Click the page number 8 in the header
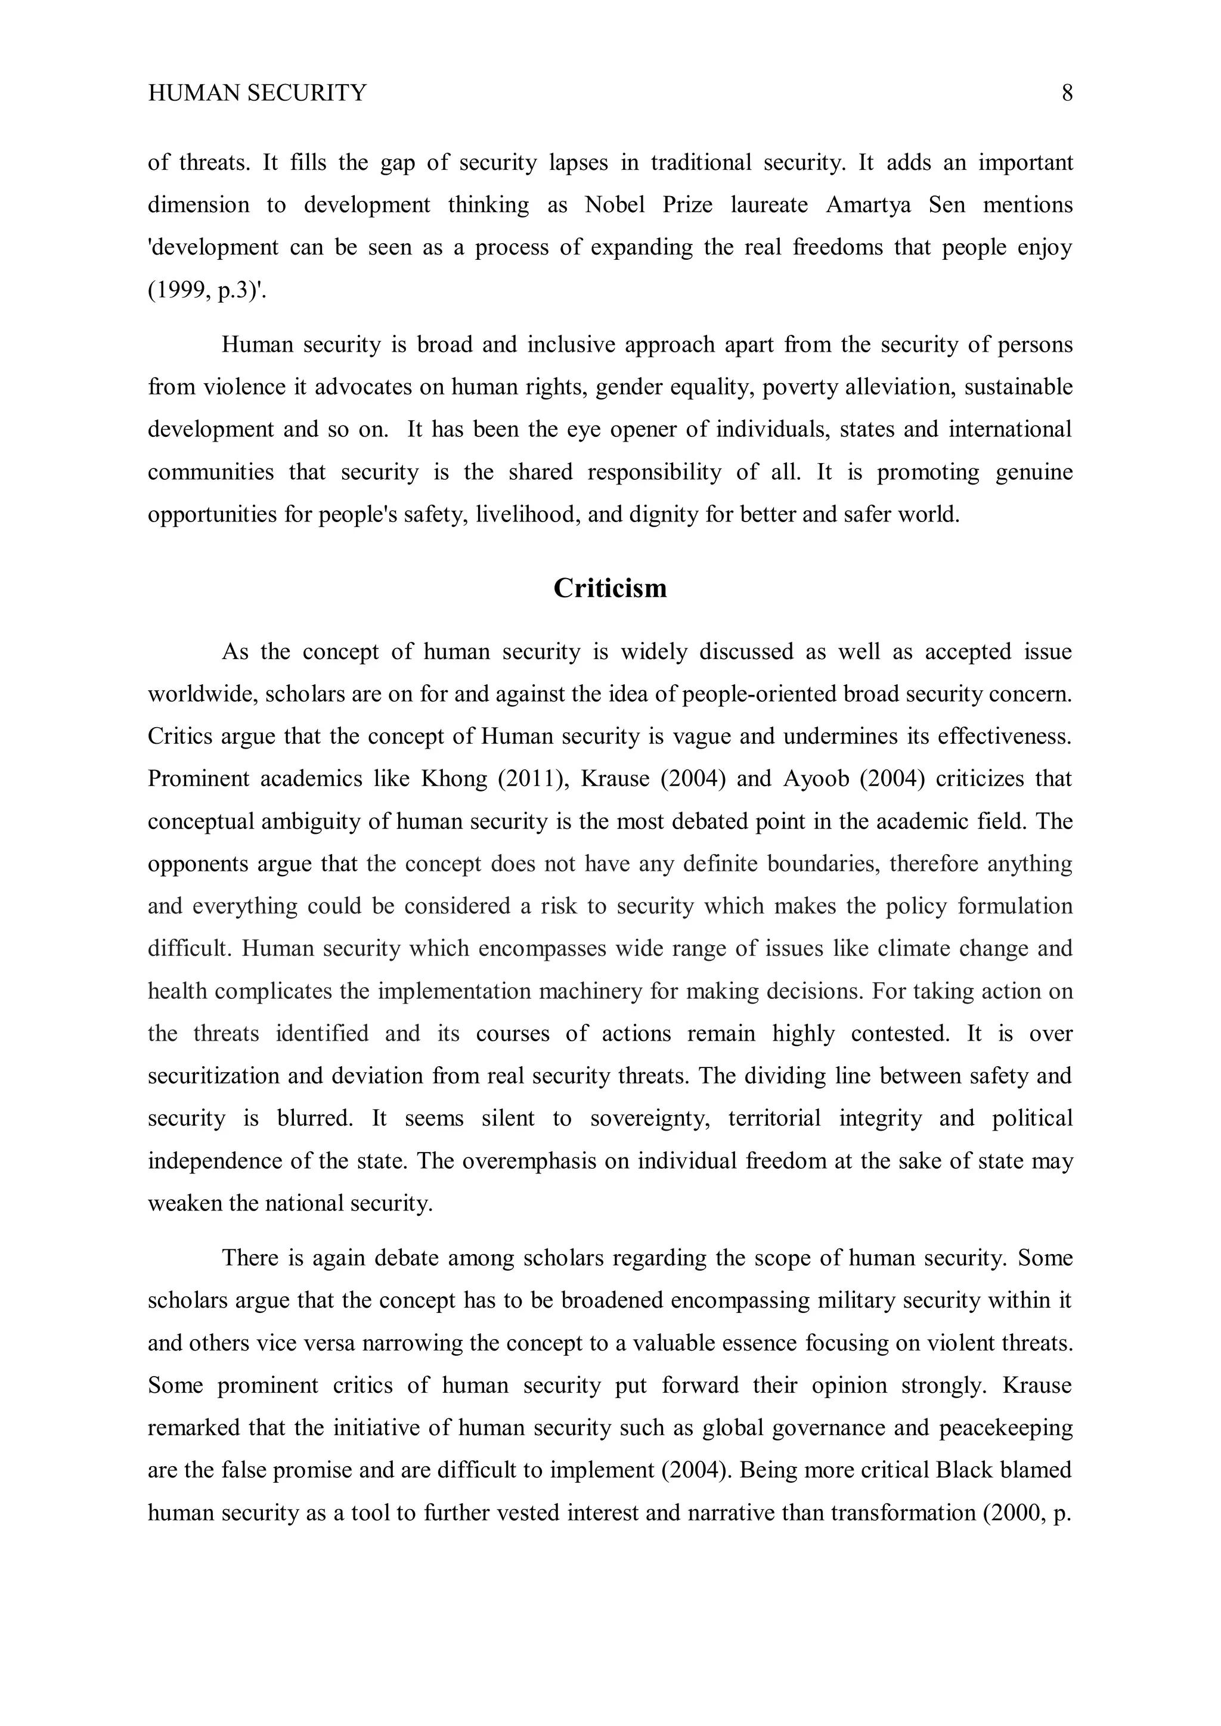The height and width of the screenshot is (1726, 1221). [x=1067, y=93]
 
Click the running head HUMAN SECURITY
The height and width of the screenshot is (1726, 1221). [x=257, y=93]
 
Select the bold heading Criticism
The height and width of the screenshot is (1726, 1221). [x=610, y=588]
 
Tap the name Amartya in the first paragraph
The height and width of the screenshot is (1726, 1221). [x=867, y=205]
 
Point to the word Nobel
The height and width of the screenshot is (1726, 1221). [x=614, y=205]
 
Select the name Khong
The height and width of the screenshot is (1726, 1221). [x=453, y=779]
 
